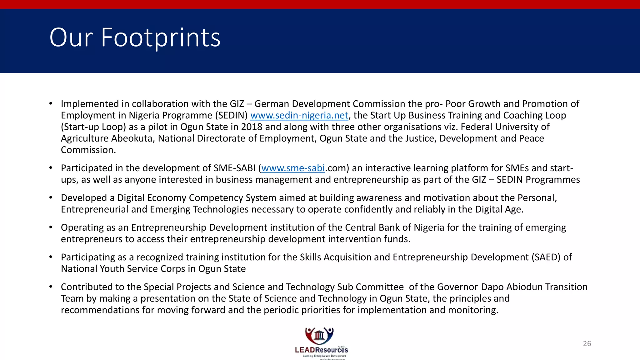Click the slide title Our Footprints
tap(135, 37)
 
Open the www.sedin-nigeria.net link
tap(299, 116)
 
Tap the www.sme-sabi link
tap(293, 168)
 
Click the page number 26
tap(587, 343)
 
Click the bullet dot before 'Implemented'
tap(51, 103)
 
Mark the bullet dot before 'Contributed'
tap(51, 287)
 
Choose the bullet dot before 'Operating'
tap(51, 227)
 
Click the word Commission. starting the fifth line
tap(88, 150)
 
